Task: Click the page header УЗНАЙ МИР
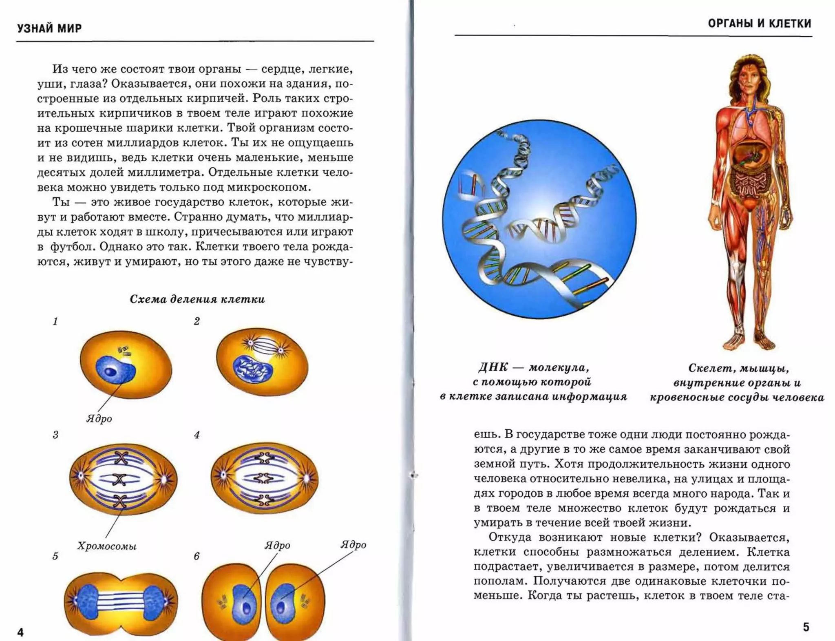49,28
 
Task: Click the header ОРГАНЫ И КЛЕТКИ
759,24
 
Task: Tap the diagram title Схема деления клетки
197,299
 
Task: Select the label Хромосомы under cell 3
107,546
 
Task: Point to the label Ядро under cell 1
99,419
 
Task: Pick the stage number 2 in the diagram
197,321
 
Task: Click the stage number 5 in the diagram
55,557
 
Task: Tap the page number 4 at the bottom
20,632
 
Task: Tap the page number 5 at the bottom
806,627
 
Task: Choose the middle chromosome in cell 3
119,479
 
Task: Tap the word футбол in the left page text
72,247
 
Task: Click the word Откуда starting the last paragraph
510,537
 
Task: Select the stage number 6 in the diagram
197,557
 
